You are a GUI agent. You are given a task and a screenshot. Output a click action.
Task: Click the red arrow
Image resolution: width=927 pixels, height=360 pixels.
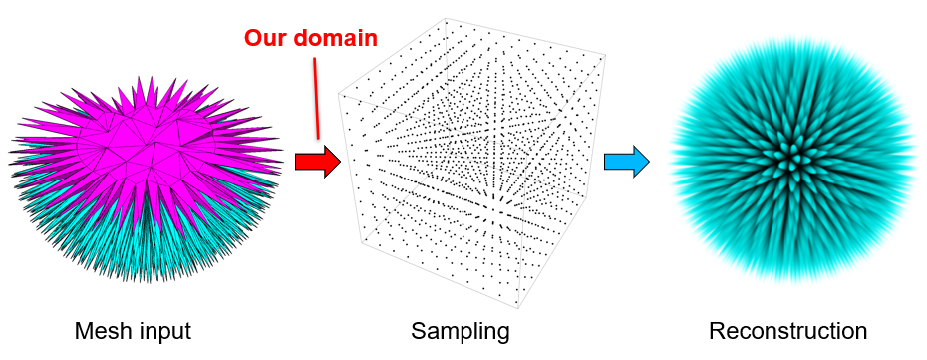(318, 161)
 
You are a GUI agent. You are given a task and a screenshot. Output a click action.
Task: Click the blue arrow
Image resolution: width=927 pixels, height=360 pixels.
(627, 161)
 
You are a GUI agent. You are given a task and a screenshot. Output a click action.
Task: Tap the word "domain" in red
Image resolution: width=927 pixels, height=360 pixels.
(335, 39)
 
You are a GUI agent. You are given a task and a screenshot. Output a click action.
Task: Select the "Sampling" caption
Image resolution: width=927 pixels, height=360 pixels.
(461, 333)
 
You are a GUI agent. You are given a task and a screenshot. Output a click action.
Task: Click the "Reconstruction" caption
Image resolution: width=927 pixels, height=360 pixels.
(788, 331)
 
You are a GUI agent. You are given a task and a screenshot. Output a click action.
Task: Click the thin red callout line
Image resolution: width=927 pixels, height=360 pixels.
(316, 98)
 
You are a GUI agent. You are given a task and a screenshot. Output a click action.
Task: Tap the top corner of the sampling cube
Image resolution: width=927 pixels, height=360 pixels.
(445, 18)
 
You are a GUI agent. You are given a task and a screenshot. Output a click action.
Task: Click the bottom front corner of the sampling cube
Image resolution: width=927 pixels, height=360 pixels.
(518, 308)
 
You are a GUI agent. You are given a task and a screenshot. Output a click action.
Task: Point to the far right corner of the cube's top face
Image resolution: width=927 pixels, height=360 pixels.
(605, 57)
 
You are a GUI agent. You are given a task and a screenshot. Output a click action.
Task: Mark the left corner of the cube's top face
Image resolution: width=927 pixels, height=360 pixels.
(338, 94)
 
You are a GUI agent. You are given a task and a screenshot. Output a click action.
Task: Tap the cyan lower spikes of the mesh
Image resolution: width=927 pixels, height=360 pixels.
(148, 242)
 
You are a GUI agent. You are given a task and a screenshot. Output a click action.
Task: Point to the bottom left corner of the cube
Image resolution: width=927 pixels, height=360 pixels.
(362, 243)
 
